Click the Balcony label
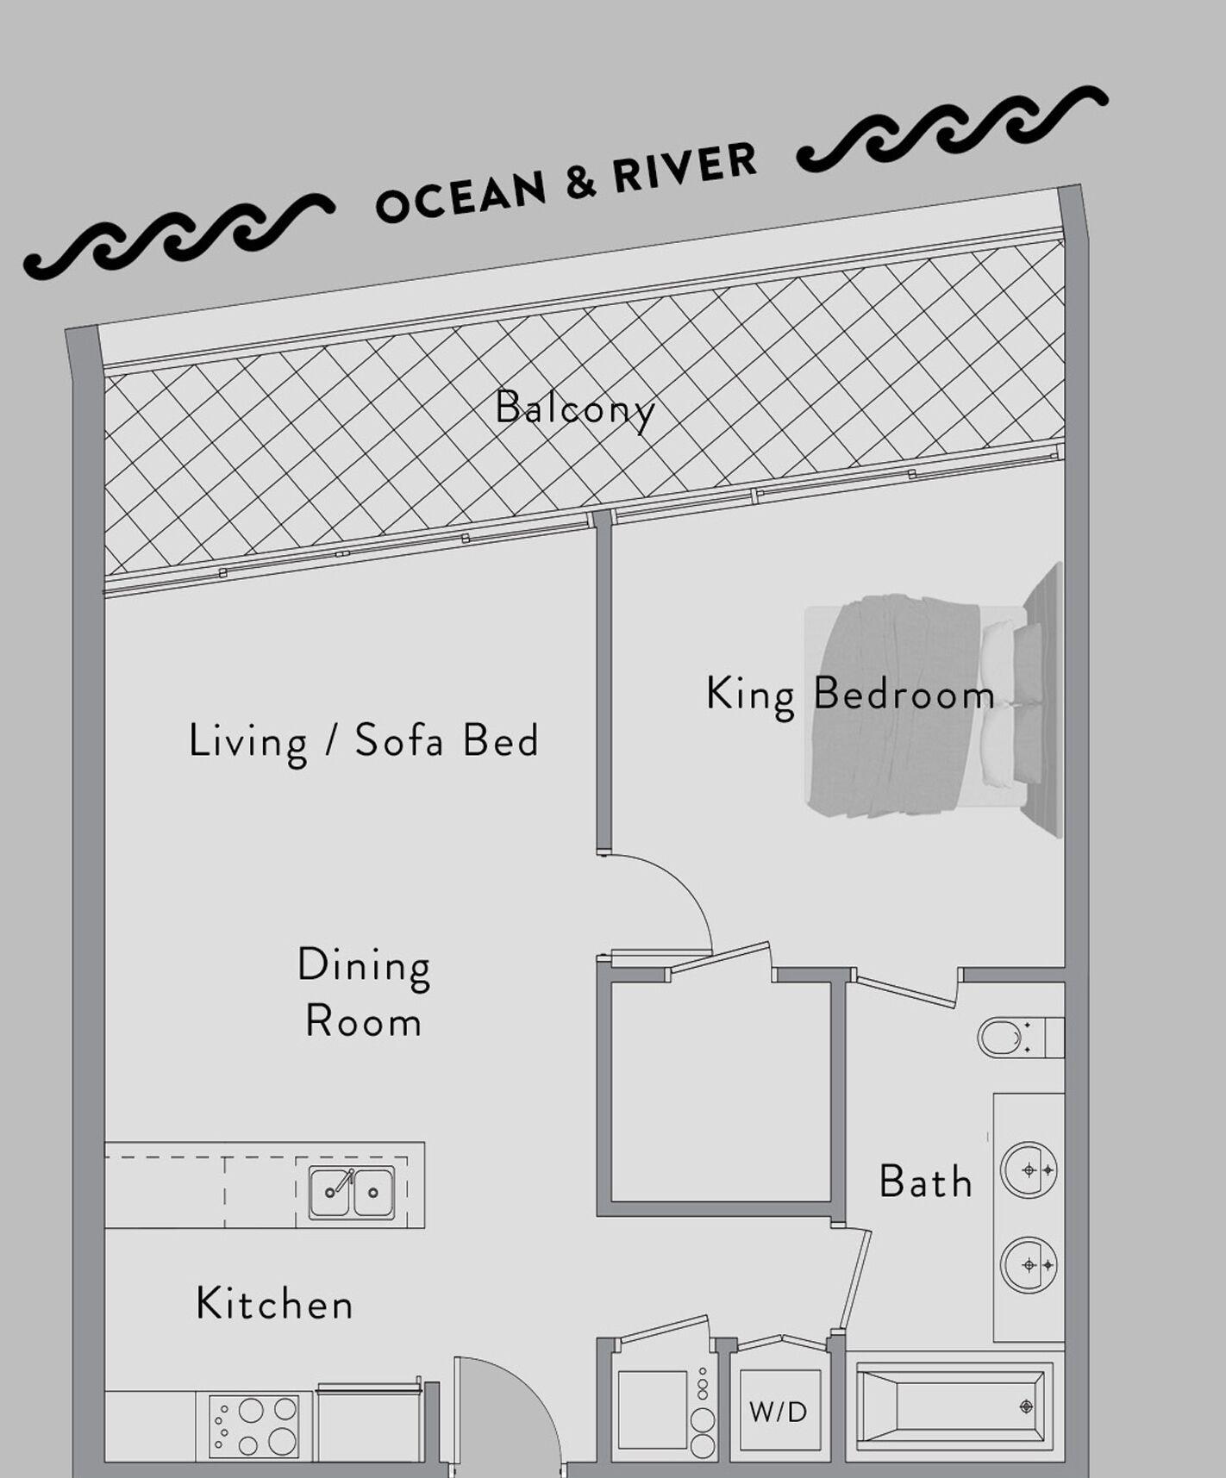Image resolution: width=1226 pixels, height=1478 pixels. point(575,408)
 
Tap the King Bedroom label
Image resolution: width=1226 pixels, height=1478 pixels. point(850,695)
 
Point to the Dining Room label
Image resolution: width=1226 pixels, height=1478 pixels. point(363,992)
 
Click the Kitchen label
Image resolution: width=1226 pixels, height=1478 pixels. point(274,1303)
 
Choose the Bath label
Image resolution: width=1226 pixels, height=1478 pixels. point(925,1182)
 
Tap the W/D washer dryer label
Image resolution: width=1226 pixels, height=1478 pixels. point(778,1412)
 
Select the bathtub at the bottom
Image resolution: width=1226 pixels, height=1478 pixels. point(953,1407)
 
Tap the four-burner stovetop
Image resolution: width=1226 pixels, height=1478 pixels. point(254,1426)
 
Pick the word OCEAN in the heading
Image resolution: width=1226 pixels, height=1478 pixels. point(461,196)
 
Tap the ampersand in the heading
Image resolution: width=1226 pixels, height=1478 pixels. point(581,183)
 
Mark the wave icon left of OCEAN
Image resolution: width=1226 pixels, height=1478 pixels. point(177,234)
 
